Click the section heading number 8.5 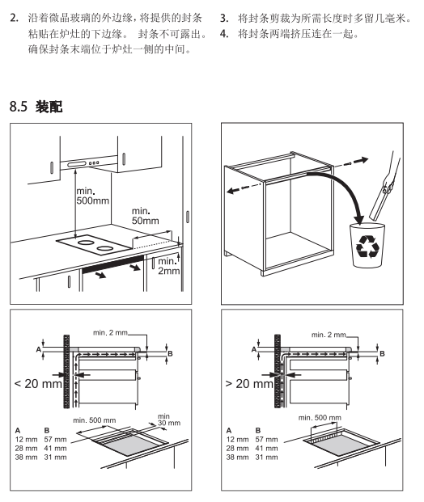[19, 106]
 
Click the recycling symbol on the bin [367, 247]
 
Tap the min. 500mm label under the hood [92, 196]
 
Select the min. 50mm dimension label [145, 216]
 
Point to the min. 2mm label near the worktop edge [168, 266]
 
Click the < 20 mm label [38, 383]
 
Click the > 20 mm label [250, 383]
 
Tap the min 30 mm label [169, 420]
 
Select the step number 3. [224, 19]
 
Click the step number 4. [224, 34]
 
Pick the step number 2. [14, 18]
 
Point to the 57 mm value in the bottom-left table [56, 439]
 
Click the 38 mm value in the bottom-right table [237, 458]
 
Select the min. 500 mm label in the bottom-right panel [320, 417]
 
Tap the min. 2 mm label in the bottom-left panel [110, 332]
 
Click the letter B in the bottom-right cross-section [382, 353]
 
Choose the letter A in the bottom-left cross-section [39, 349]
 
